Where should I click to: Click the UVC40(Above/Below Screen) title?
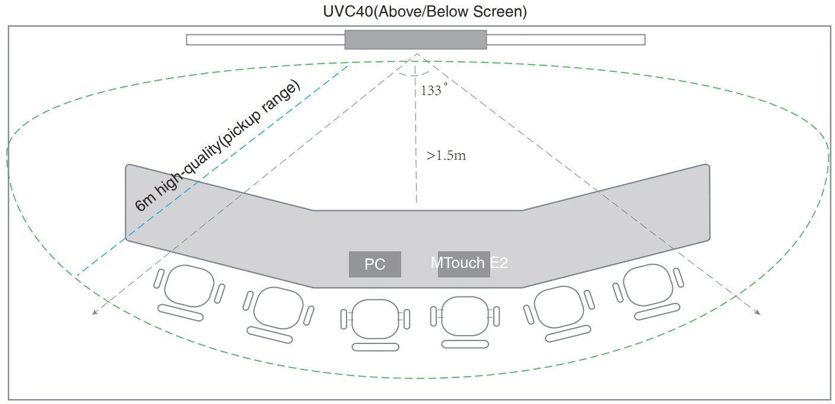(417, 11)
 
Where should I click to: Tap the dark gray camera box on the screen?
(415, 39)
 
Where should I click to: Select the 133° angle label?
(431, 90)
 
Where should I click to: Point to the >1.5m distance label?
(446, 156)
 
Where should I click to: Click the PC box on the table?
(374, 264)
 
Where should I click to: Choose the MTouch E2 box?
(464, 263)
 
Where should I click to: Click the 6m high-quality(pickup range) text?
(217, 146)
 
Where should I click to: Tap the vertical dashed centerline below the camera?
(417, 137)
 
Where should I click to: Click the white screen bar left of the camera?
(265, 40)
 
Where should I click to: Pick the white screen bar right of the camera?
(566, 40)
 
